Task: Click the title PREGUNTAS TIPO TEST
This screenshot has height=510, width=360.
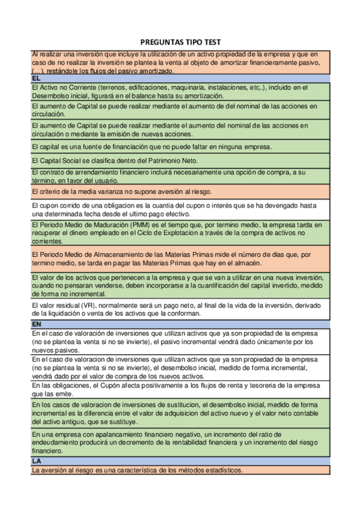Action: [180, 42]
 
